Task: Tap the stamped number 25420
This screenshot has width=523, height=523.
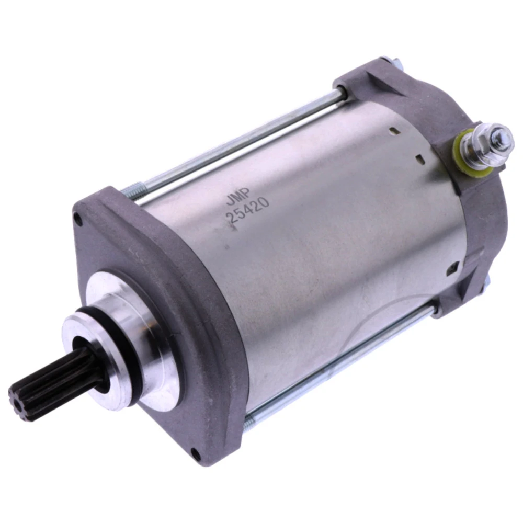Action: click(x=247, y=210)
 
